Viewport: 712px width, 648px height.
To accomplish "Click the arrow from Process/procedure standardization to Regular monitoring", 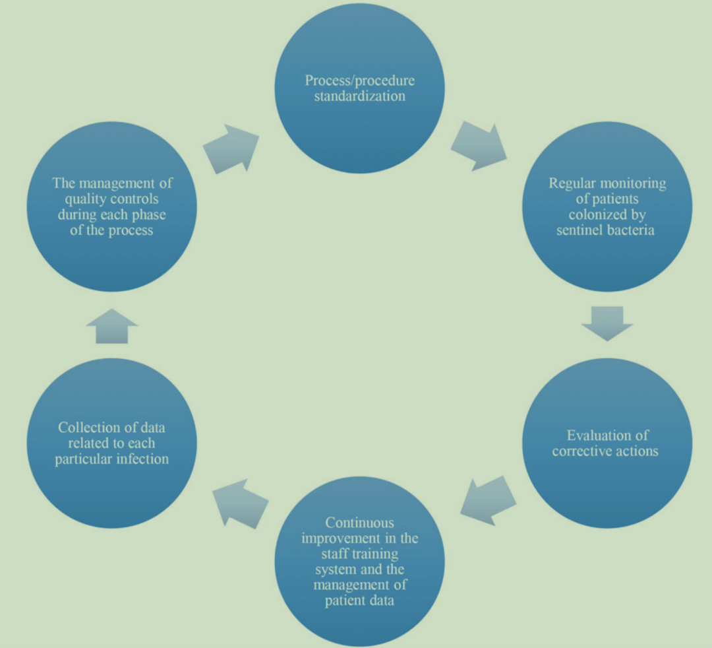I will click(x=478, y=145).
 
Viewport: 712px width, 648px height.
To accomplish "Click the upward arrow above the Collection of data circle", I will click(x=111, y=326).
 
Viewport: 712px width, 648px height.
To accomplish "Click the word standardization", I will click(x=359, y=96).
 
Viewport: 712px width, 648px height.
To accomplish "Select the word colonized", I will click(x=607, y=215).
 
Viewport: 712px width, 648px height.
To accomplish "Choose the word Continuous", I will click(x=359, y=523).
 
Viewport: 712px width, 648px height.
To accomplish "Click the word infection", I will click(x=140, y=458).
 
